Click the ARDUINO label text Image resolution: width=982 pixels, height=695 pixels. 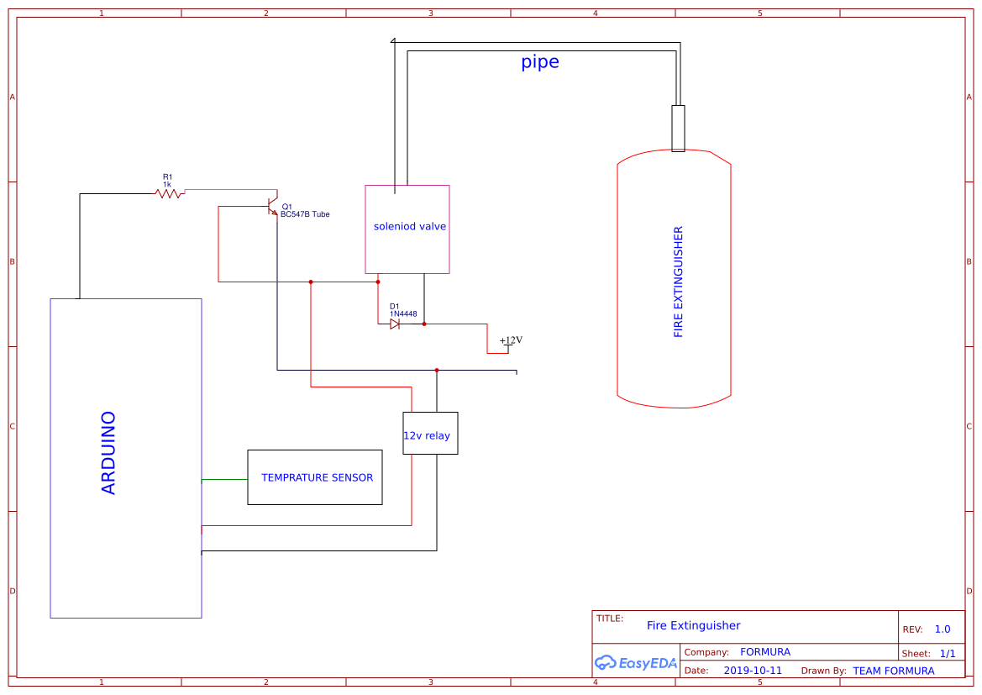[x=108, y=452]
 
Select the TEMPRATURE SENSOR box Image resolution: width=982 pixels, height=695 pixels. [x=315, y=477]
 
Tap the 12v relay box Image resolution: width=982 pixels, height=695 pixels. [x=430, y=434]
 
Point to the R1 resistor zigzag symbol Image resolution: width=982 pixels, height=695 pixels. [x=170, y=193]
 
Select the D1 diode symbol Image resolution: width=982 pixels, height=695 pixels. [x=395, y=324]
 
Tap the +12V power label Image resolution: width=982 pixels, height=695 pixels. [x=511, y=340]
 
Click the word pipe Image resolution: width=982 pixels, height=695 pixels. [x=539, y=61]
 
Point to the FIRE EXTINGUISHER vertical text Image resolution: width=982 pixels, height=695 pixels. [x=679, y=282]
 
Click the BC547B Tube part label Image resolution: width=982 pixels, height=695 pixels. [x=305, y=214]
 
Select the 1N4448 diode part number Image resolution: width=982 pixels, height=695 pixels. [x=403, y=313]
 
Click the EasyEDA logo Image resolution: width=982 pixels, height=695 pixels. [x=635, y=662]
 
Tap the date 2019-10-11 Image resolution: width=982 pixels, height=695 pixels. [x=752, y=671]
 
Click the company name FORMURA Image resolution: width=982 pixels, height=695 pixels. [x=764, y=651]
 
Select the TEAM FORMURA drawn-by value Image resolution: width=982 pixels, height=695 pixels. [x=893, y=671]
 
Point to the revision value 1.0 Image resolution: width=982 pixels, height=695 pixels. [x=942, y=629]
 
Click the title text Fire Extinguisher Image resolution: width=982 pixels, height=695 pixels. [x=693, y=625]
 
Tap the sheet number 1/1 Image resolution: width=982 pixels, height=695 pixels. [x=947, y=653]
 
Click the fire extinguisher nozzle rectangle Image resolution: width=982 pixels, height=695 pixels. [x=678, y=128]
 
